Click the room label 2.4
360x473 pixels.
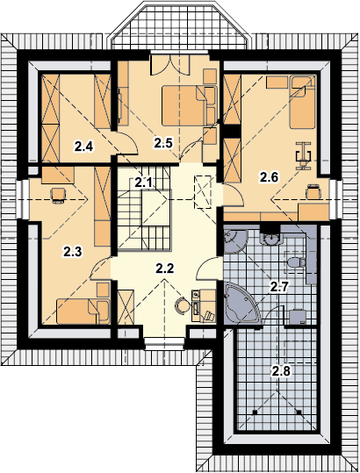(x=84, y=147)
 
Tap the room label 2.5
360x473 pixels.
(x=163, y=143)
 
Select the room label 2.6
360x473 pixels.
(x=269, y=177)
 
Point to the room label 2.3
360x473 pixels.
(x=72, y=251)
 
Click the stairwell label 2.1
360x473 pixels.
(x=144, y=183)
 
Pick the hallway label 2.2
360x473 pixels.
(x=164, y=268)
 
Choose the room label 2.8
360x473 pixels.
(x=281, y=370)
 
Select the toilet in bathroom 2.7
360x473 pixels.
(x=296, y=262)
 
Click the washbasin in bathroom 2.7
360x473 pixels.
(x=270, y=239)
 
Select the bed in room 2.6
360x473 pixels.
(x=303, y=103)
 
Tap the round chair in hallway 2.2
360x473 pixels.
(x=183, y=306)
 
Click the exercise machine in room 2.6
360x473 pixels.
(x=303, y=155)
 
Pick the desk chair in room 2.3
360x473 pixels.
(x=58, y=196)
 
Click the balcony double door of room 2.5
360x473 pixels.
(x=170, y=65)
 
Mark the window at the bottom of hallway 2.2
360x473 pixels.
(x=164, y=344)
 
